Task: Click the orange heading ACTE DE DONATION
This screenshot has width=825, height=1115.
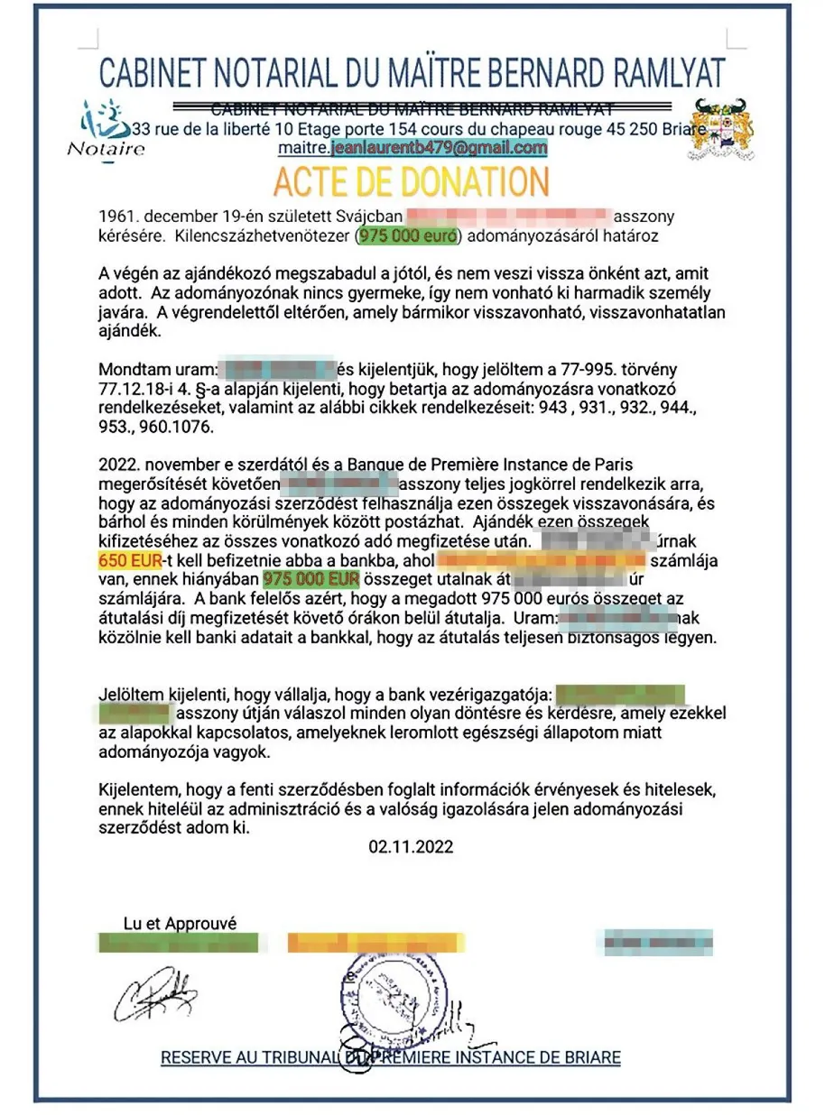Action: pos(412,182)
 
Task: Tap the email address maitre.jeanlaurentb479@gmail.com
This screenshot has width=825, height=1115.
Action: pos(412,148)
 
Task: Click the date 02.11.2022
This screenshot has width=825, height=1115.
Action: pos(411,847)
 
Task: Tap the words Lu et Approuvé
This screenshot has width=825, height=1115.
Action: pos(180,924)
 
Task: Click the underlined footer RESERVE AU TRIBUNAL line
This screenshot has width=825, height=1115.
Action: pos(391,1057)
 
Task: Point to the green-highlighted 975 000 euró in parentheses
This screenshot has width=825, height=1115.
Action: pos(409,236)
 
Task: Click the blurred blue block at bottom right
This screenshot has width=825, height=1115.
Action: pos(655,943)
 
